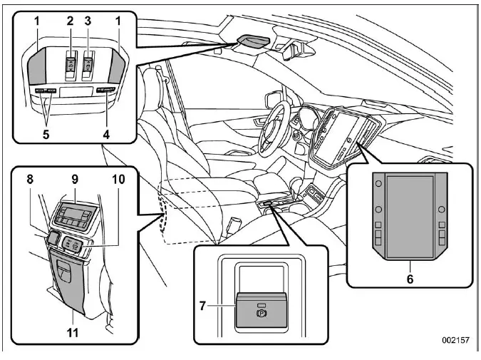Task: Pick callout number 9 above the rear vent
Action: click(76, 181)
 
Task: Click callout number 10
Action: click(118, 181)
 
